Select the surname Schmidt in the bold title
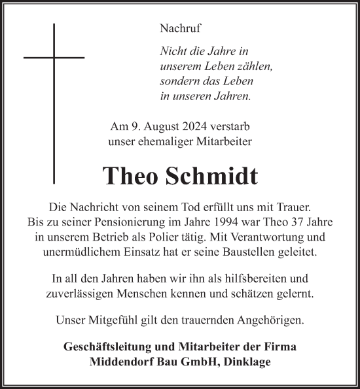click(217, 177)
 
